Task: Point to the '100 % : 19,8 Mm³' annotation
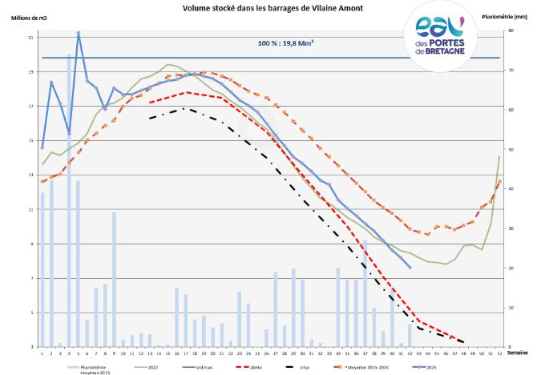point(285,43)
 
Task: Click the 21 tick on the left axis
point(30,38)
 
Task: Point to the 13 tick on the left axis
point(30,175)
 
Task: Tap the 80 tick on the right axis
point(510,31)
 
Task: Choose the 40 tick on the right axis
point(510,189)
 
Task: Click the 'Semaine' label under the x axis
point(519,353)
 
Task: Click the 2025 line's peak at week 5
point(78,34)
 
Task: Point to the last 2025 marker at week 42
point(410,268)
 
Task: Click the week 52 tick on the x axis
point(499,352)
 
